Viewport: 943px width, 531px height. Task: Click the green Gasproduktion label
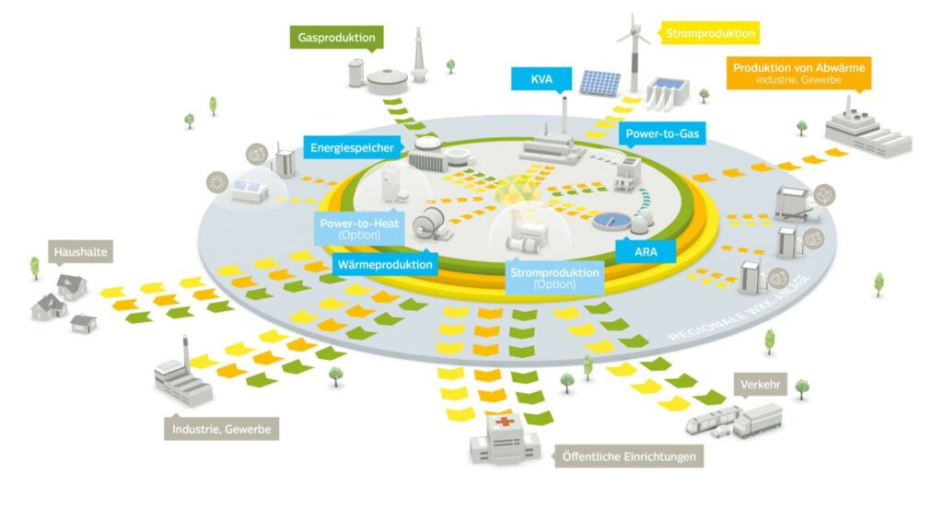pyautogui.click(x=337, y=39)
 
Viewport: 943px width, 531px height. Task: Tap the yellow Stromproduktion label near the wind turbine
pyautogui.click(x=710, y=34)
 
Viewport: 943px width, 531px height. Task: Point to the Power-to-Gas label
pyautogui.click(x=662, y=134)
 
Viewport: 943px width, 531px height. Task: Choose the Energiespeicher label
pyautogui.click(x=352, y=147)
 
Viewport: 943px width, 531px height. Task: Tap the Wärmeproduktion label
pyautogui.click(x=386, y=265)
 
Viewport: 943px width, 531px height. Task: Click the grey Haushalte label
pyautogui.click(x=76, y=251)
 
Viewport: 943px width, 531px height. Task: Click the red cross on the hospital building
pyautogui.click(x=504, y=422)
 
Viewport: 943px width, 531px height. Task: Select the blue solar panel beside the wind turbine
pyautogui.click(x=600, y=84)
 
